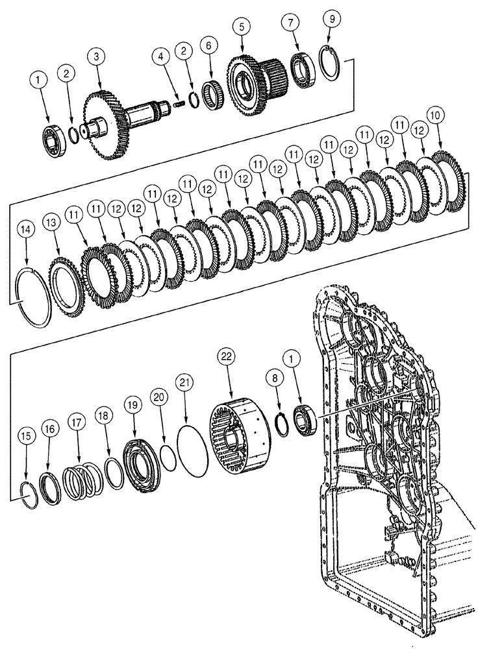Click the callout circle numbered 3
(97, 57)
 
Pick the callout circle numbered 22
(226, 358)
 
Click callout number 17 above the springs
(77, 422)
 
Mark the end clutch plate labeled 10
(449, 181)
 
